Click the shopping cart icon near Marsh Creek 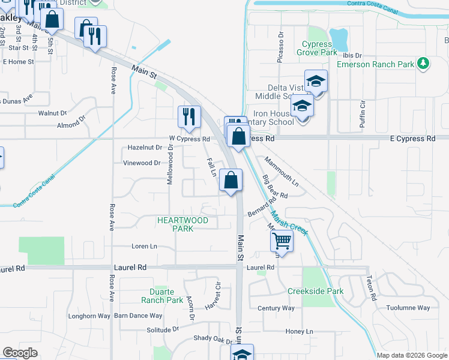click(281, 242)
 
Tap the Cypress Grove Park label click(316, 49)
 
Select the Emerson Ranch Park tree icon click(423, 62)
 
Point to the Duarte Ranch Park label click(162, 296)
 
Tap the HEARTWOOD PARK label click(182, 224)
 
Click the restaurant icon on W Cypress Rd click(189, 116)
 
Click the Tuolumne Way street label click(408, 308)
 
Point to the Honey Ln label click(300, 331)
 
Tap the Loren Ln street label click(144, 247)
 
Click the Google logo click(20, 353)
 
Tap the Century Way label click(276, 308)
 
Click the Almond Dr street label click(71, 125)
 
